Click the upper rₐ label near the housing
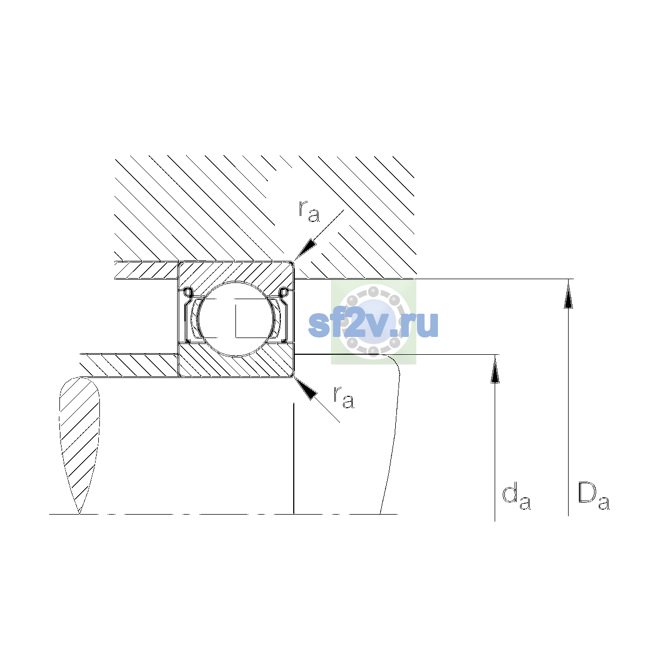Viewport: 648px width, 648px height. [x=309, y=211]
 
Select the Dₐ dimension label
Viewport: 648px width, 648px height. [x=593, y=497]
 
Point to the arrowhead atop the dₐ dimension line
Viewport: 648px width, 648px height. [x=495, y=369]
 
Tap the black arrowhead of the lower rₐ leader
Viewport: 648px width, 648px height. [x=306, y=388]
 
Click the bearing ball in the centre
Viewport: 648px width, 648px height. [x=236, y=318]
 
